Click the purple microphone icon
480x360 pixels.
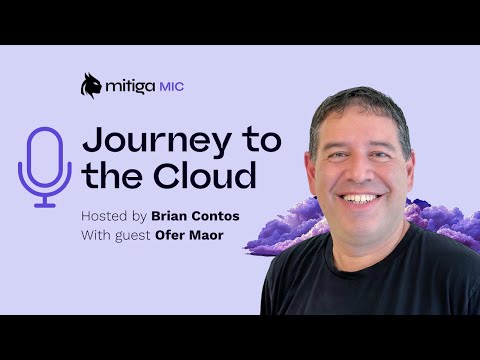(45, 165)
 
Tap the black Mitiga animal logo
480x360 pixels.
(91, 85)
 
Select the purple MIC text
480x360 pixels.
(171, 87)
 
